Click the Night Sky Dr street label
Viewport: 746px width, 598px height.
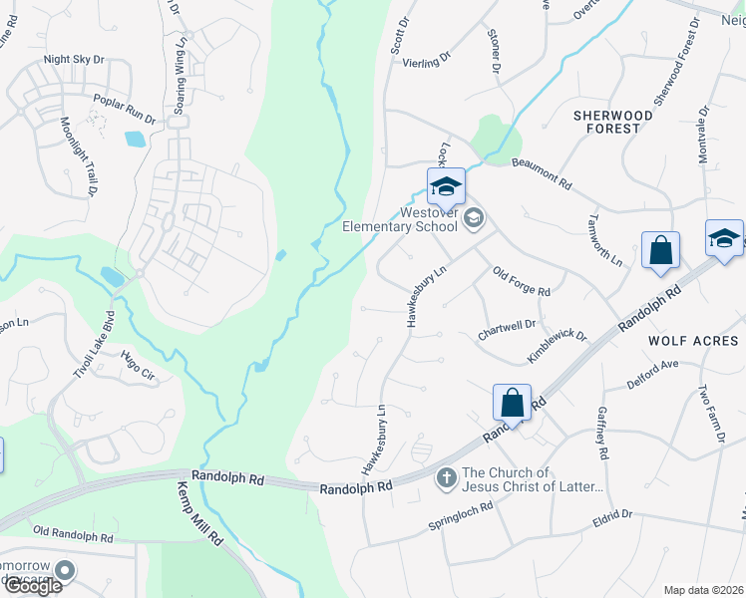click(x=74, y=60)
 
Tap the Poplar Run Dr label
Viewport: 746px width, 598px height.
click(x=125, y=109)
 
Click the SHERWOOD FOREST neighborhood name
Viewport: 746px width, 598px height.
click(x=612, y=122)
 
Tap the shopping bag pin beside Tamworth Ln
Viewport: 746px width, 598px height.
click(x=660, y=251)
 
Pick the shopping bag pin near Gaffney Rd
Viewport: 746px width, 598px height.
click(x=512, y=403)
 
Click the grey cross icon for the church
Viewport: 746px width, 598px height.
click(x=446, y=479)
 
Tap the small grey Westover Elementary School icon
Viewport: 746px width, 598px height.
click(x=475, y=218)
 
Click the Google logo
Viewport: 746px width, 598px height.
click(x=32, y=586)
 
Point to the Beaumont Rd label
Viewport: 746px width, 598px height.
click(x=542, y=173)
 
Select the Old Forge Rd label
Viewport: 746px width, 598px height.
click(x=522, y=283)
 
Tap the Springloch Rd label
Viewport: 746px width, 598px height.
click(x=461, y=515)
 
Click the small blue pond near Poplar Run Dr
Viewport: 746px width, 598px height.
click(x=134, y=140)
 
